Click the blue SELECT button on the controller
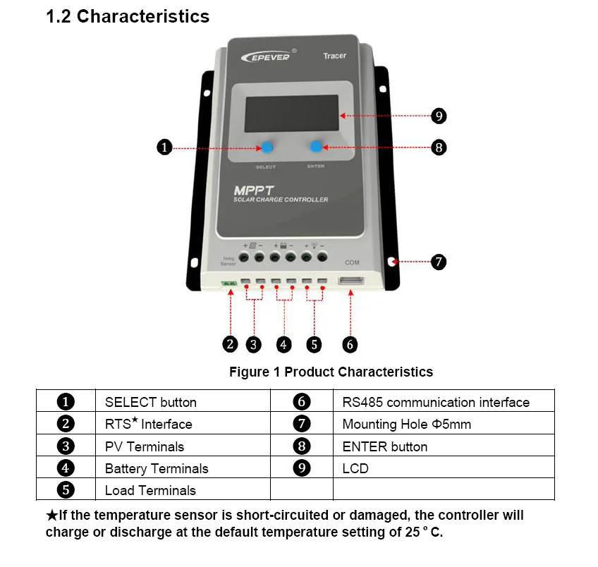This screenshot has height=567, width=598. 268,147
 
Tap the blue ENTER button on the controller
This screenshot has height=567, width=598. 316,146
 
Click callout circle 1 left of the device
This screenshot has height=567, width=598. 164,147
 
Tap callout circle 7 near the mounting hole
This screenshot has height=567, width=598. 438,262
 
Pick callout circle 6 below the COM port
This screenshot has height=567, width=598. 350,344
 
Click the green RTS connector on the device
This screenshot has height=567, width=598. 228,283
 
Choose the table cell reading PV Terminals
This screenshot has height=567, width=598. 145,446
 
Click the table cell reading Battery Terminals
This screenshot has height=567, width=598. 157,468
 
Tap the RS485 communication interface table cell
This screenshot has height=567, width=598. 436,403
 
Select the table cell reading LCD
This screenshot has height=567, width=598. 355,468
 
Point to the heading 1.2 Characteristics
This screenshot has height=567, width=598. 128,17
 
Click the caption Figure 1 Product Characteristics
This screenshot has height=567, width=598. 331,372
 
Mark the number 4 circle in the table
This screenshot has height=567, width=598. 66,468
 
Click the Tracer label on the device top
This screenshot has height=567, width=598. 334,56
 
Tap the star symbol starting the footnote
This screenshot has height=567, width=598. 51,516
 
